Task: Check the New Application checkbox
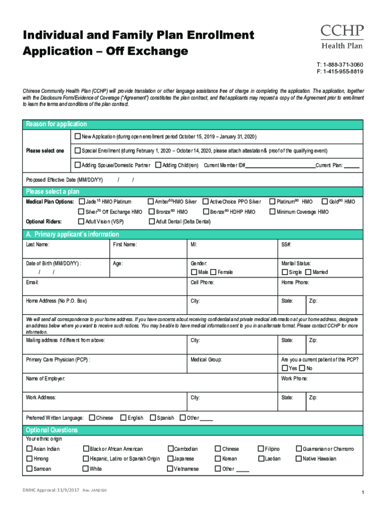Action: [78, 136]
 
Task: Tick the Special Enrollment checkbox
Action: [78, 150]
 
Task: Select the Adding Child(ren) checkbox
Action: [158, 165]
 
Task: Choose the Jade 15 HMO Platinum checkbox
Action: [82, 201]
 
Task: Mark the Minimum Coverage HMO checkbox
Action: [273, 212]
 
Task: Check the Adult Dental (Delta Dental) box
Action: [152, 221]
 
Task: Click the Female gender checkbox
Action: [214, 272]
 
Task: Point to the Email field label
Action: [33, 283]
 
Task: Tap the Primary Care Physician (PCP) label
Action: [58, 360]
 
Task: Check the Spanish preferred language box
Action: [152, 418]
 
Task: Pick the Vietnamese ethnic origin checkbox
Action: [170, 469]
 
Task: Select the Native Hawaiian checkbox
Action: [299, 458]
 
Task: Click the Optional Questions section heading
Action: [52, 430]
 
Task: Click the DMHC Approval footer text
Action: [48, 489]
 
